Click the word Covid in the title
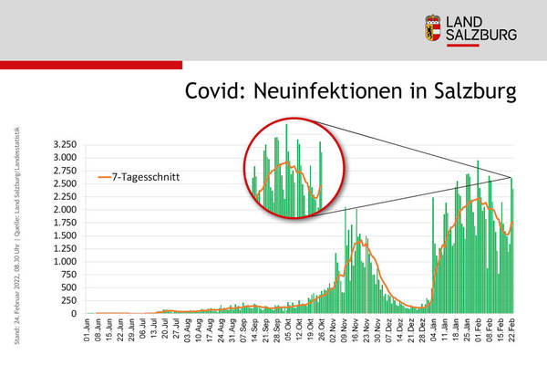point(216,92)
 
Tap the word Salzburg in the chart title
point(470,92)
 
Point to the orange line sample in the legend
point(103,177)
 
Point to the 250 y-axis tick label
point(69,301)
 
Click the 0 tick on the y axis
point(75,314)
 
